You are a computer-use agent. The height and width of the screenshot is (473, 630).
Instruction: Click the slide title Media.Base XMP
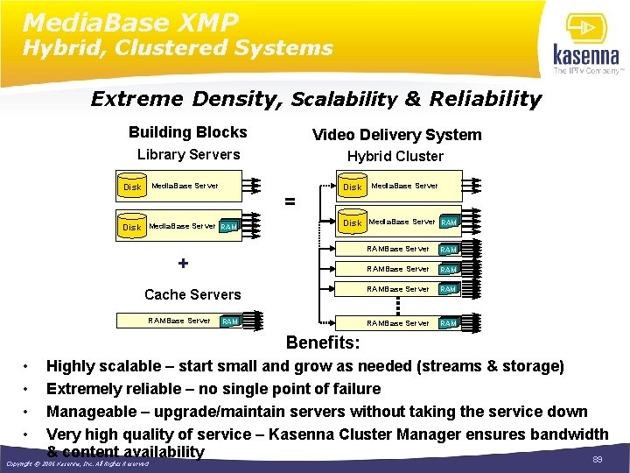(x=131, y=21)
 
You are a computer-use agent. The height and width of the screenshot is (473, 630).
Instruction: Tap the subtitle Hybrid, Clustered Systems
(x=178, y=47)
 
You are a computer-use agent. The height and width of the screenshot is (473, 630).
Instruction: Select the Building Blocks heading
(x=187, y=132)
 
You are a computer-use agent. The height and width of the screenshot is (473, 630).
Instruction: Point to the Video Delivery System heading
(x=396, y=134)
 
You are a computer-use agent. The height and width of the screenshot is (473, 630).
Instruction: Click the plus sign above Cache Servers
(x=183, y=263)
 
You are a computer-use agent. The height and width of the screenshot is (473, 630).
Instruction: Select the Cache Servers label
(x=192, y=294)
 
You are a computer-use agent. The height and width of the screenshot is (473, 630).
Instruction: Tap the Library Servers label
(x=188, y=155)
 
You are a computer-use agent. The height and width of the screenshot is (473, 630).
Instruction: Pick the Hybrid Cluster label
(x=395, y=157)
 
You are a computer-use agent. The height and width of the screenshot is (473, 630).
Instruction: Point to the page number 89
(x=598, y=459)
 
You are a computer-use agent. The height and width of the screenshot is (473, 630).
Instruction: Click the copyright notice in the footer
(x=77, y=464)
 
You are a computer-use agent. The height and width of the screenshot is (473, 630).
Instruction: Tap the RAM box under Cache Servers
(x=231, y=321)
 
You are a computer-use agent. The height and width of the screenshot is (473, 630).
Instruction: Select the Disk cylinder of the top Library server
(x=132, y=187)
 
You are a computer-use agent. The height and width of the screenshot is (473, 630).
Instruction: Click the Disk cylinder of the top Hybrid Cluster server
(x=352, y=187)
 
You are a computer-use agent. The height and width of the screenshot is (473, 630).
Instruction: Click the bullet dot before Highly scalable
(x=27, y=366)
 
